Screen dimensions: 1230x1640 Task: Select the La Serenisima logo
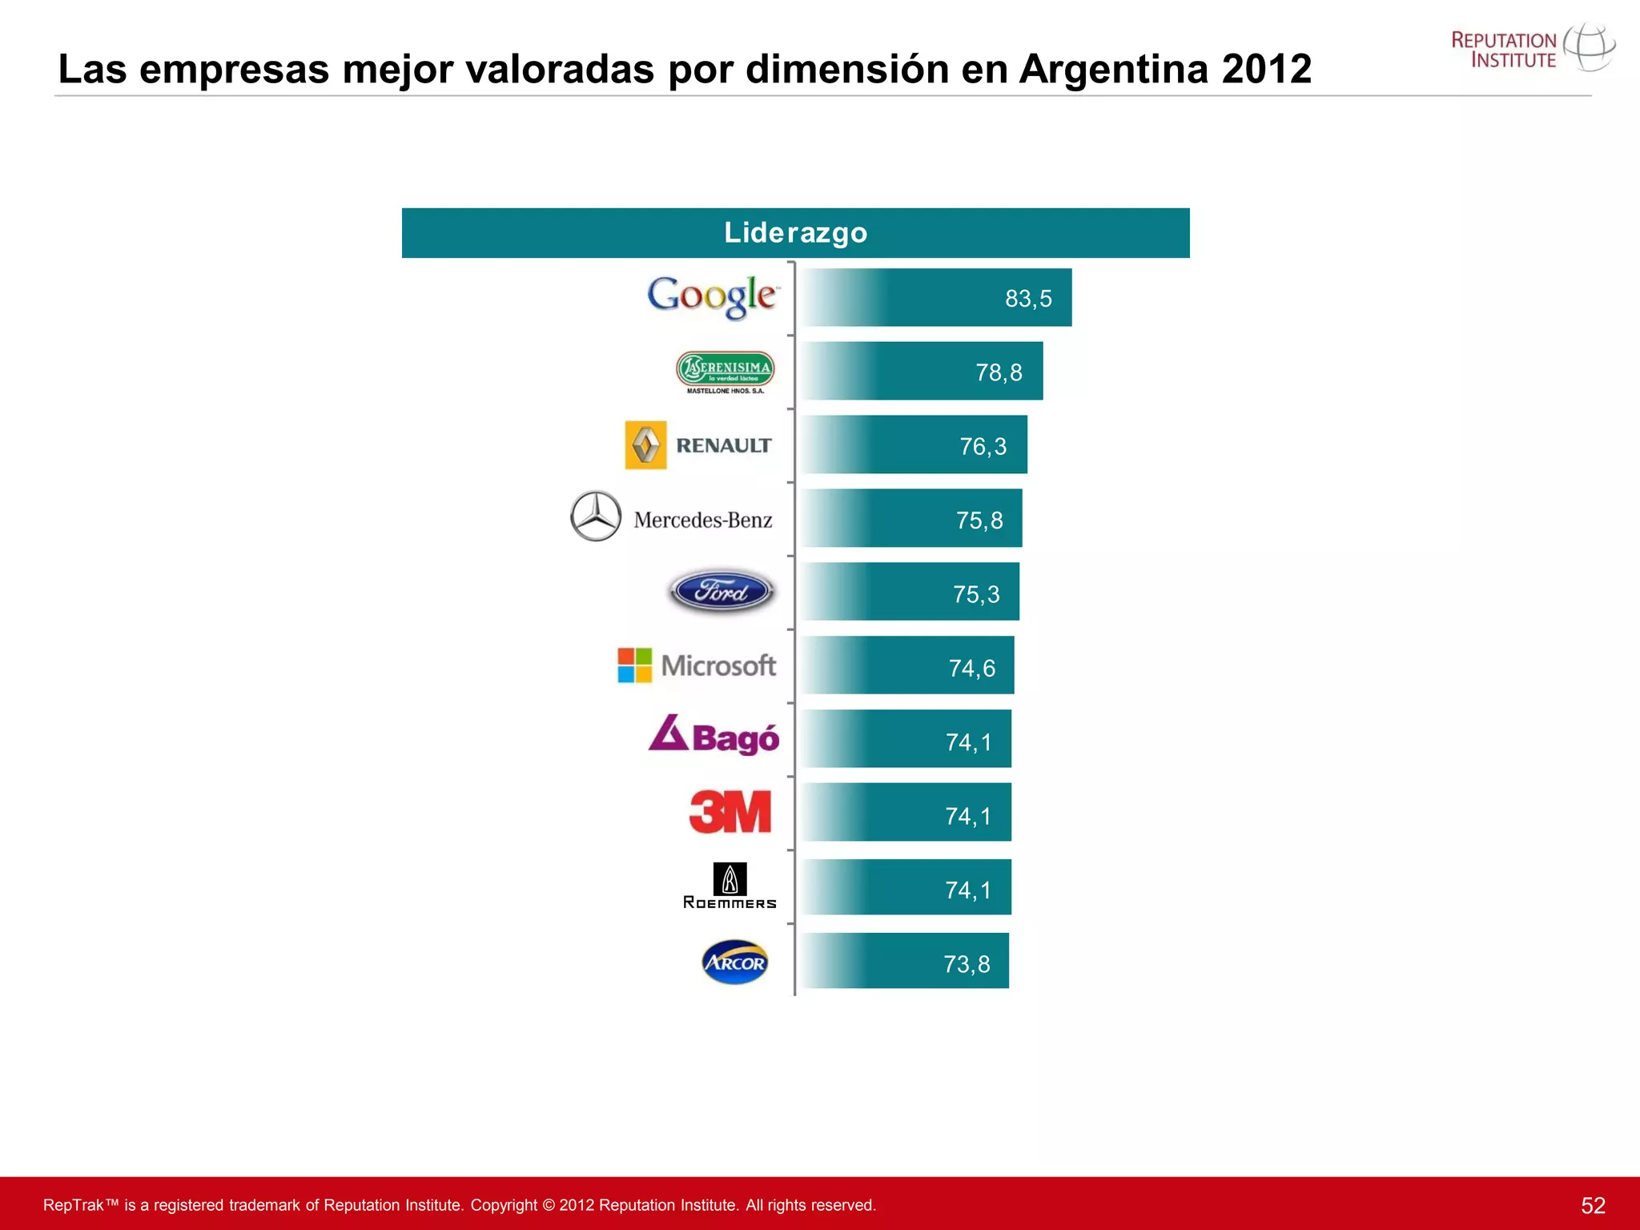pyautogui.click(x=726, y=371)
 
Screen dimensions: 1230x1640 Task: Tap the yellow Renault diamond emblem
pyautogui.click(x=645, y=445)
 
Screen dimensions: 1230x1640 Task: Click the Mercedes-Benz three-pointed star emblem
pyautogui.click(x=596, y=517)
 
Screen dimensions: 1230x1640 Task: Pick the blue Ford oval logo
pyautogui.click(x=722, y=592)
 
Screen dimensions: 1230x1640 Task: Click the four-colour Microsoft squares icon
pyautogui.click(x=635, y=665)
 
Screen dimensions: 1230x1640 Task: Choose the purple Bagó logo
pyautogui.click(x=713, y=735)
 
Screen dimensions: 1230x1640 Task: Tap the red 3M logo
pyautogui.click(x=730, y=811)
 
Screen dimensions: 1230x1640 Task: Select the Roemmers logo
pyautogui.click(x=730, y=886)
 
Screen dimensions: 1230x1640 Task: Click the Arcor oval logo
pyautogui.click(x=734, y=962)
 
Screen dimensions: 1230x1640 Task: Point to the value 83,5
pyautogui.click(x=1028, y=299)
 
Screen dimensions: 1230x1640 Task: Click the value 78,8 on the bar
pyautogui.click(x=999, y=372)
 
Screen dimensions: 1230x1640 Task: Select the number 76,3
pyautogui.click(x=983, y=446)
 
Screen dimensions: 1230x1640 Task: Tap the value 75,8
pyautogui.click(x=979, y=521)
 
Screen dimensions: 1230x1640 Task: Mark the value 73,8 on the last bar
pyautogui.click(x=967, y=964)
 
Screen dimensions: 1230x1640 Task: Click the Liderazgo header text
pyautogui.click(x=795, y=233)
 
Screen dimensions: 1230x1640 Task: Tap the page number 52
pyautogui.click(x=1593, y=1205)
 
